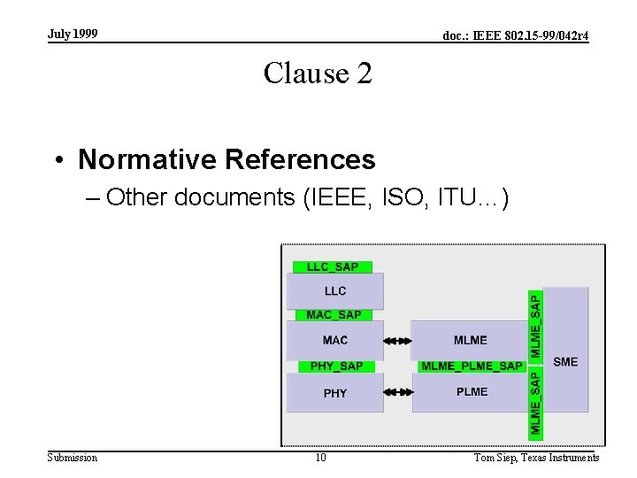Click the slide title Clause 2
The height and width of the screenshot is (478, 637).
318,73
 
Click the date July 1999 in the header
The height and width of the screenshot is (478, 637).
73,35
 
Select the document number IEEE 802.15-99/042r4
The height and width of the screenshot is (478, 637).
515,36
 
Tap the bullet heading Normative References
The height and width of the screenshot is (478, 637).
226,159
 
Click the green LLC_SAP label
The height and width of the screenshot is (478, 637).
333,267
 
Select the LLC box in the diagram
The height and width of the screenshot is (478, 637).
335,291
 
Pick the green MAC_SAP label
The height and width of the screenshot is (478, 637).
334,315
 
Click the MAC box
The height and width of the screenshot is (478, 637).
335,340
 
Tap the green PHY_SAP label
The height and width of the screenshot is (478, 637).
336,366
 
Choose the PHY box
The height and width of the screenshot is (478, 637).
335,393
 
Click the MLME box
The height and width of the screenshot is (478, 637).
471,340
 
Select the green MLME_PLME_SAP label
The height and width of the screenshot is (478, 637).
472,366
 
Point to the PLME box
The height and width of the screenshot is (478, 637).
472,392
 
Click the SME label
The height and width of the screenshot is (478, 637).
565,361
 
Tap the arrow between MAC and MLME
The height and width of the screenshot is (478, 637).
398,340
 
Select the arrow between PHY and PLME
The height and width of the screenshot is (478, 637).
398,391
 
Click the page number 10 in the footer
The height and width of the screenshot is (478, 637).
320,458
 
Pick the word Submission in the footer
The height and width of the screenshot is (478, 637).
73,458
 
